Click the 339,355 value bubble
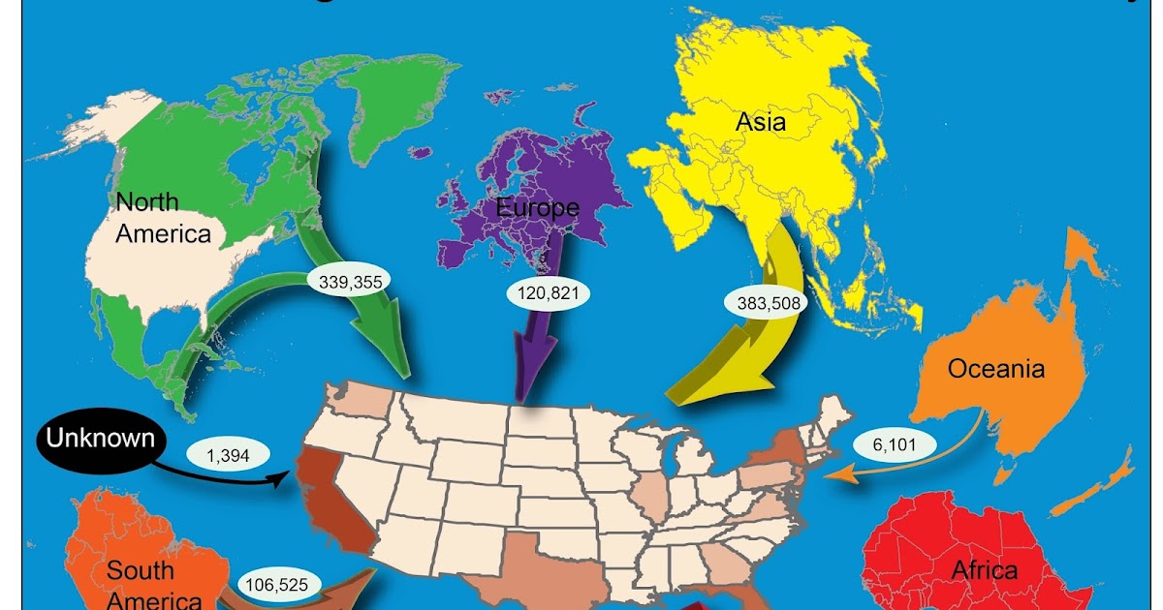coord(350,282)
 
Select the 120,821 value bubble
coord(548,291)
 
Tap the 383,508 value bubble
coord(763,301)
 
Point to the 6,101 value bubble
coord(895,444)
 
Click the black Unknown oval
coord(100,439)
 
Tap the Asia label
coord(761,122)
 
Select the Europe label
coord(537,207)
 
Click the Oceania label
coord(995,369)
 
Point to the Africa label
coord(985,569)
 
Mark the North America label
coord(162,218)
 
